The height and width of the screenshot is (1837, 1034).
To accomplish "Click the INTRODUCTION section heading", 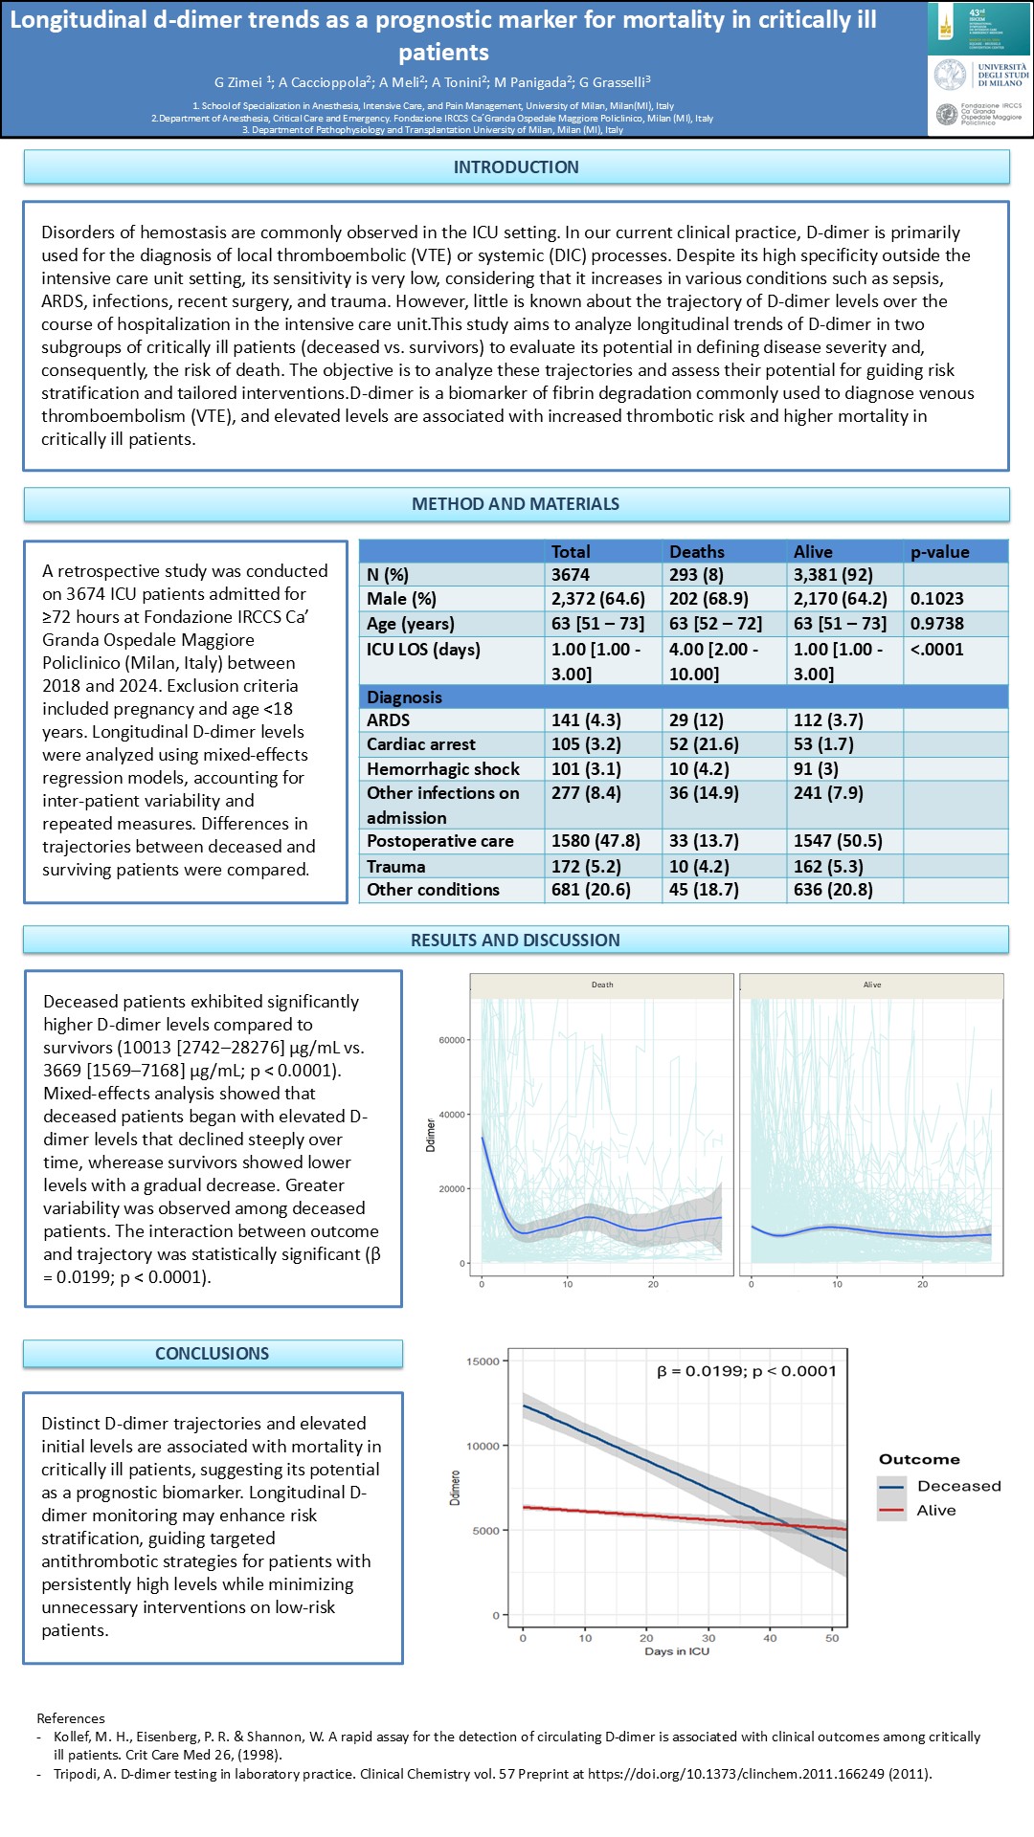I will [516, 167].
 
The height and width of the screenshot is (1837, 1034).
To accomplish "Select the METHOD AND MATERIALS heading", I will [515, 504].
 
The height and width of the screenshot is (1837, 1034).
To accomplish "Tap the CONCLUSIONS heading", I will [213, 1354].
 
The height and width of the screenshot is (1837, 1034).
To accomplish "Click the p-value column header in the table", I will [939, 552].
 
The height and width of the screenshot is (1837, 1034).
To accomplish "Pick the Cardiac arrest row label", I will [421, 744].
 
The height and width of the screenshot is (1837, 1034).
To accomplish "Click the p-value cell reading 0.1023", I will [936, 599].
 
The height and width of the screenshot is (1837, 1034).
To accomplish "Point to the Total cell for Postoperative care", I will [596, 841].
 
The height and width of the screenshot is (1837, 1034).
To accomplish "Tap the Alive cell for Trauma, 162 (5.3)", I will [828, 866].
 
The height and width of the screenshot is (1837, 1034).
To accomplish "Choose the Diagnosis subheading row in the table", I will [404, 697].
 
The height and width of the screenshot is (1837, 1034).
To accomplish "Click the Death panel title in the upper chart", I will [602, 985].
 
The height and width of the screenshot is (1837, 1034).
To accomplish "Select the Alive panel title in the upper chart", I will [872, 985].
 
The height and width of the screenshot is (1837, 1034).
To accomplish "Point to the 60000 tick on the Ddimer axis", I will [451, 1040].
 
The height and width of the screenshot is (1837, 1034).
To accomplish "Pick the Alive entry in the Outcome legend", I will [935, 1511].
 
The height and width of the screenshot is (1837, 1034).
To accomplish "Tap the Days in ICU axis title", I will [677, 1651].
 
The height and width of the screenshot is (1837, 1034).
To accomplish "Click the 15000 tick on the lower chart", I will [483, 1361].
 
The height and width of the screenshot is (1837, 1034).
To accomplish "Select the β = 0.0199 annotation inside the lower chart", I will [746, 1371].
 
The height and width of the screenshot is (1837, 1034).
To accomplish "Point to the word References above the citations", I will [71, 1718].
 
